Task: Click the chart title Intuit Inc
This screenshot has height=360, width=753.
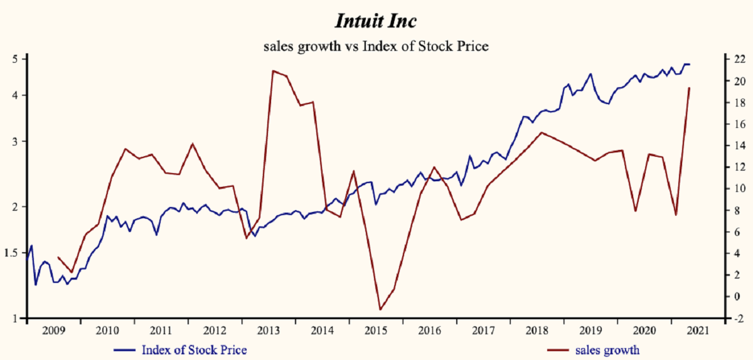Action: point(376,21)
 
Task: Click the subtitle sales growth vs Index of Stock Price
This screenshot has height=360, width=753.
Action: point(376,46)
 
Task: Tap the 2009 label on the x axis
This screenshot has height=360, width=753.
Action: point(53,331)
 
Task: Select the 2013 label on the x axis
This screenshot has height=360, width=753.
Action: point(269,331)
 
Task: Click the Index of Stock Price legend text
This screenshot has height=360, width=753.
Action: point(194,350)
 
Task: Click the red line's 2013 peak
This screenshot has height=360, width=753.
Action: point(272,71)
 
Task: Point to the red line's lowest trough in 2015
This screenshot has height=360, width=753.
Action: point(380,309)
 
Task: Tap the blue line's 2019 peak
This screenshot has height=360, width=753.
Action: point(590,74)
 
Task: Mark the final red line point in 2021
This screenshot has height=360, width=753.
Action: point(689,88)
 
